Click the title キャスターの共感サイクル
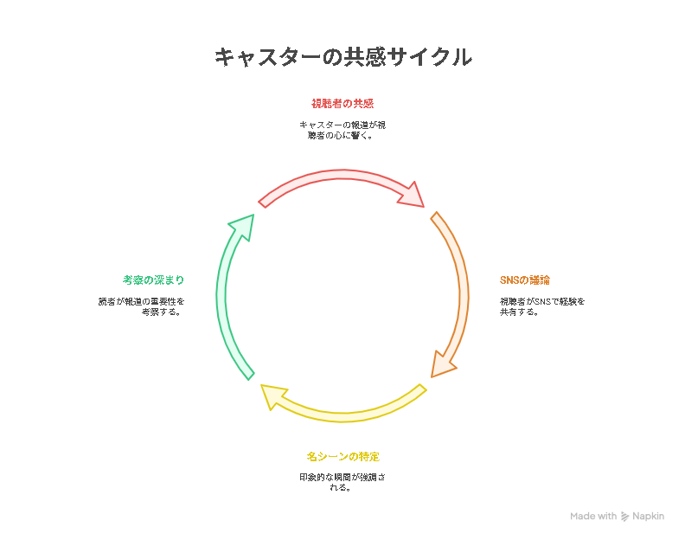pyautogui.click(x=342, y=57)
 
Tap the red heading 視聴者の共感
pyautogui.click(x=342, y=104)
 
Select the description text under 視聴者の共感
pyautogui.click(x=342, y=130)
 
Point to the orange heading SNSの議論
pyautogui.click(x=525, y=280)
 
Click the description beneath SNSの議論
pyautogui.click(x=542, y=306)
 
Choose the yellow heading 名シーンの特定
pyautogui.click(x=342, y=456)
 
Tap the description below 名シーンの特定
pyautogui.click(x=342, y=482)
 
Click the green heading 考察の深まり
pyautogui.click(x=153, y=280)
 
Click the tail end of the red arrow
pyautogui.click(x=264, y=202)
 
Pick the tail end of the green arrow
pyautogui.click(x=249, y=374)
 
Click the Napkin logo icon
pyautogui.click(x=625, y=517)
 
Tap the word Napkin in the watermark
pyautogui.click(x=648, y=517)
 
